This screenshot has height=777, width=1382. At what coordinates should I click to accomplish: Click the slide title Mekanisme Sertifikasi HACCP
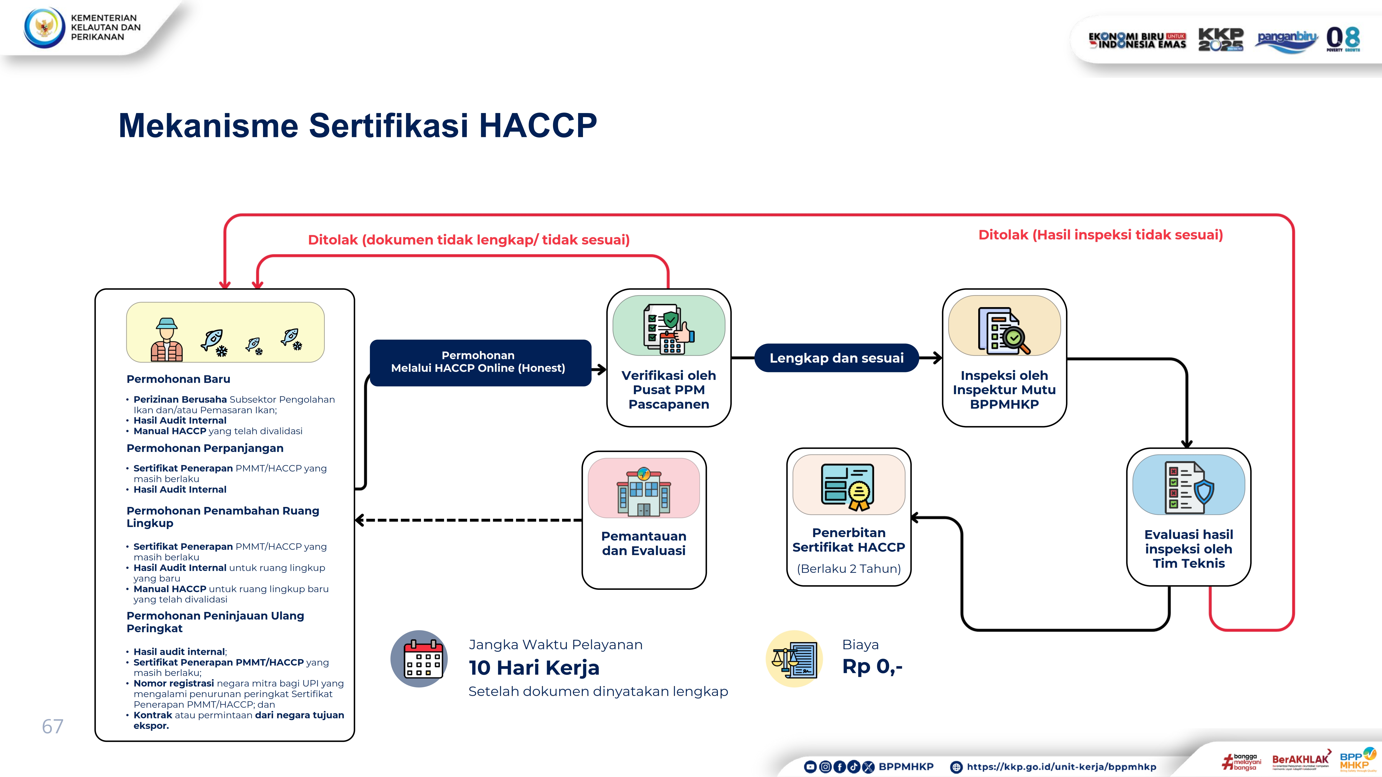click(x=357, y=125)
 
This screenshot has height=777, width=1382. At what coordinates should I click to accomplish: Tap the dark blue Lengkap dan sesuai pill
click(x=836, y=358)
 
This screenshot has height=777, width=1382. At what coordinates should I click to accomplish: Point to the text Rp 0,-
click(x=872, y=666)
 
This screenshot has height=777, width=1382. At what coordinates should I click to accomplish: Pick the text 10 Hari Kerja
click(x=534, y=668)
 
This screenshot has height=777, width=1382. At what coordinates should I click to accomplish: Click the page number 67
click(x=53, y=727)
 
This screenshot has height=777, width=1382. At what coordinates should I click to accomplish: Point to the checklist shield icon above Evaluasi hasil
click(x=1188, y=487)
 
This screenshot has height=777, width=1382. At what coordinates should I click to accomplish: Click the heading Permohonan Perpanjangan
click(x=205, y=448)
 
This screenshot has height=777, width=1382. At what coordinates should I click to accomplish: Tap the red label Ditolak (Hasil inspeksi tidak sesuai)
click(x=1100, y=235)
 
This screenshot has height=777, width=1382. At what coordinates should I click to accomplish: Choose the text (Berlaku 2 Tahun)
click(x=849, y=568)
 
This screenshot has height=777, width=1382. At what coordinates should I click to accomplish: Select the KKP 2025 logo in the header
click(x=1221, y=39)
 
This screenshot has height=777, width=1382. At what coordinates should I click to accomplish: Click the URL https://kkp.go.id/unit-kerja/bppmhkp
click(x=1061, y=767)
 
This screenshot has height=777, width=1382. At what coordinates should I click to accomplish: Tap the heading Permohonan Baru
click(x=178, y=379)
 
